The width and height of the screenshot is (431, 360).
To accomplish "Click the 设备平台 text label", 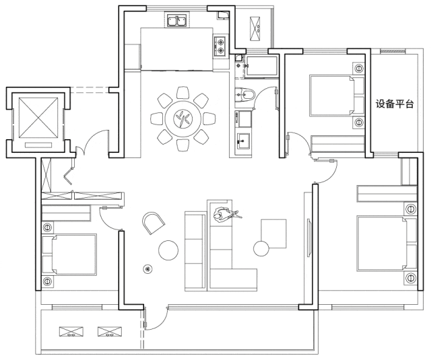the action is pos(395,104).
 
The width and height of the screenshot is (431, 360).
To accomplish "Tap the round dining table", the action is pos(183,120).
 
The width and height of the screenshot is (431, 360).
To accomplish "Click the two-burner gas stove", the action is pos(220,46).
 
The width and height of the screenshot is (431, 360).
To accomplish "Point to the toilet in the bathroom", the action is pos(245,95).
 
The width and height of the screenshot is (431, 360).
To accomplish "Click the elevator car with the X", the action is pos(38,118).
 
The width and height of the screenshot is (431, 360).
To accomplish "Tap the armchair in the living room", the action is pos(154,223).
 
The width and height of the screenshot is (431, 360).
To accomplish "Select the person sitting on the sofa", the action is pos(226,214).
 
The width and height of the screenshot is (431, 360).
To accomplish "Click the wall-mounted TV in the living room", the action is pos(309,238).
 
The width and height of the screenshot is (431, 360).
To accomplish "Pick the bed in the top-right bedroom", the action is pos(337,96).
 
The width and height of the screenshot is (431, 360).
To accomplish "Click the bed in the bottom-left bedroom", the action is pos(69,254).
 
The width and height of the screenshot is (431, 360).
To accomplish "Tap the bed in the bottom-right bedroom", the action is pos(387,244).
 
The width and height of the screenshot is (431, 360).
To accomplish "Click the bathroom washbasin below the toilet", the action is pos(244,141).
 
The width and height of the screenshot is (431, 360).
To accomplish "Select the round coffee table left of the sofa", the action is pos(168,250).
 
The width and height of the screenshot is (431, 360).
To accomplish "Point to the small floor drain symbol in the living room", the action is pos(148,269).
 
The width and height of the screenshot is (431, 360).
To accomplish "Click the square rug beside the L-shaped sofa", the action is pos(273,233).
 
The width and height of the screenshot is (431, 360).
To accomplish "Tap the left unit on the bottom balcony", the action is pos(71,332).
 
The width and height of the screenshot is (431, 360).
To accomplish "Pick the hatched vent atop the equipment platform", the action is pos(393,50).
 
